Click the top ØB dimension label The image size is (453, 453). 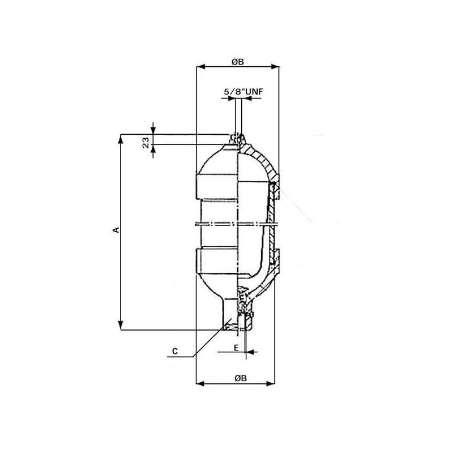click(237, 61)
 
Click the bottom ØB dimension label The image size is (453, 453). click(240, 378)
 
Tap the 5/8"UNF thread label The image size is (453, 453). click(243, 92)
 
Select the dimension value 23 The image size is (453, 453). click(146, 142)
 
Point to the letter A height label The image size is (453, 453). click(116, 230)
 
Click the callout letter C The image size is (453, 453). click(175, 351)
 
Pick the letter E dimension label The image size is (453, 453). click(236, 348)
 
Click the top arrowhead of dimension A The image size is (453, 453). click(121, 138)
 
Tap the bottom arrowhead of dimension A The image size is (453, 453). click(121, 325)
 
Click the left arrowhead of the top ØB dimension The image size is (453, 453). click(200, 67)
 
